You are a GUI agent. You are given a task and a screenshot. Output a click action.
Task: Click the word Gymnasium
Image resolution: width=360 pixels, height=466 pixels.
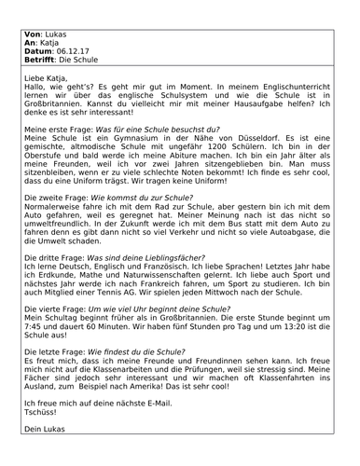tap(126, 134)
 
